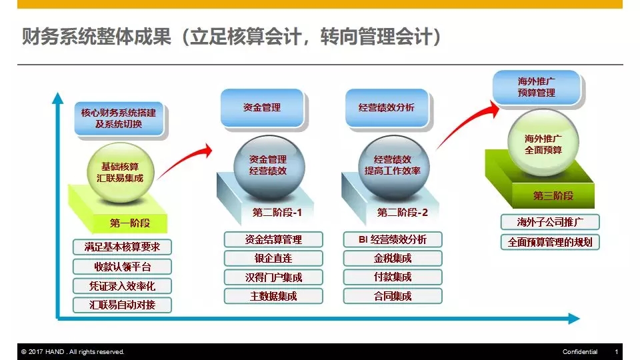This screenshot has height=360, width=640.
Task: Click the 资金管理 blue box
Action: point(262,108)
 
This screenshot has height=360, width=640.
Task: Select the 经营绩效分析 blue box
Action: point(387,108)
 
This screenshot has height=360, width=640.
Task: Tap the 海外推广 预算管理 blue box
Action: point(536,87)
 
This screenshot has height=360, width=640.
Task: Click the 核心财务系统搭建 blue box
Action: point(119,119)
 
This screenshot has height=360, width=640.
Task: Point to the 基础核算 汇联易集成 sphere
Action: point(121,172)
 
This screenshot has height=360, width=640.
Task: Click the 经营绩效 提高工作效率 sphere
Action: point(393,167)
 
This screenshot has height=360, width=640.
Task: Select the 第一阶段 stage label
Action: point(130,223)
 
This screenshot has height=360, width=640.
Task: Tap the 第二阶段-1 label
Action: point(277,213)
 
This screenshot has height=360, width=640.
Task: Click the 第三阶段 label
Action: point(553,196)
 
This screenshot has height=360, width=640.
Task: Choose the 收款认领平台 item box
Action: point(122,267)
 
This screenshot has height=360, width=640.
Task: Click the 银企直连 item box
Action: point(273,259)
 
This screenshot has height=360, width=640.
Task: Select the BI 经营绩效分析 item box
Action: point(393,239)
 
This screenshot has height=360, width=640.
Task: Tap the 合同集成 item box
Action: point(393,296)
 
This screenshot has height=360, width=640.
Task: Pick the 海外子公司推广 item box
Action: point(550,223)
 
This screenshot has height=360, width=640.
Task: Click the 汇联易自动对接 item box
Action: point(122,305)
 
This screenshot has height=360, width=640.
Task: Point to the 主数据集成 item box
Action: point(273,296)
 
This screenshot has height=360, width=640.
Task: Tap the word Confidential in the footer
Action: point(580,352)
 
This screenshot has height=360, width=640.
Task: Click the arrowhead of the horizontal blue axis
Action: point(574,319)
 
